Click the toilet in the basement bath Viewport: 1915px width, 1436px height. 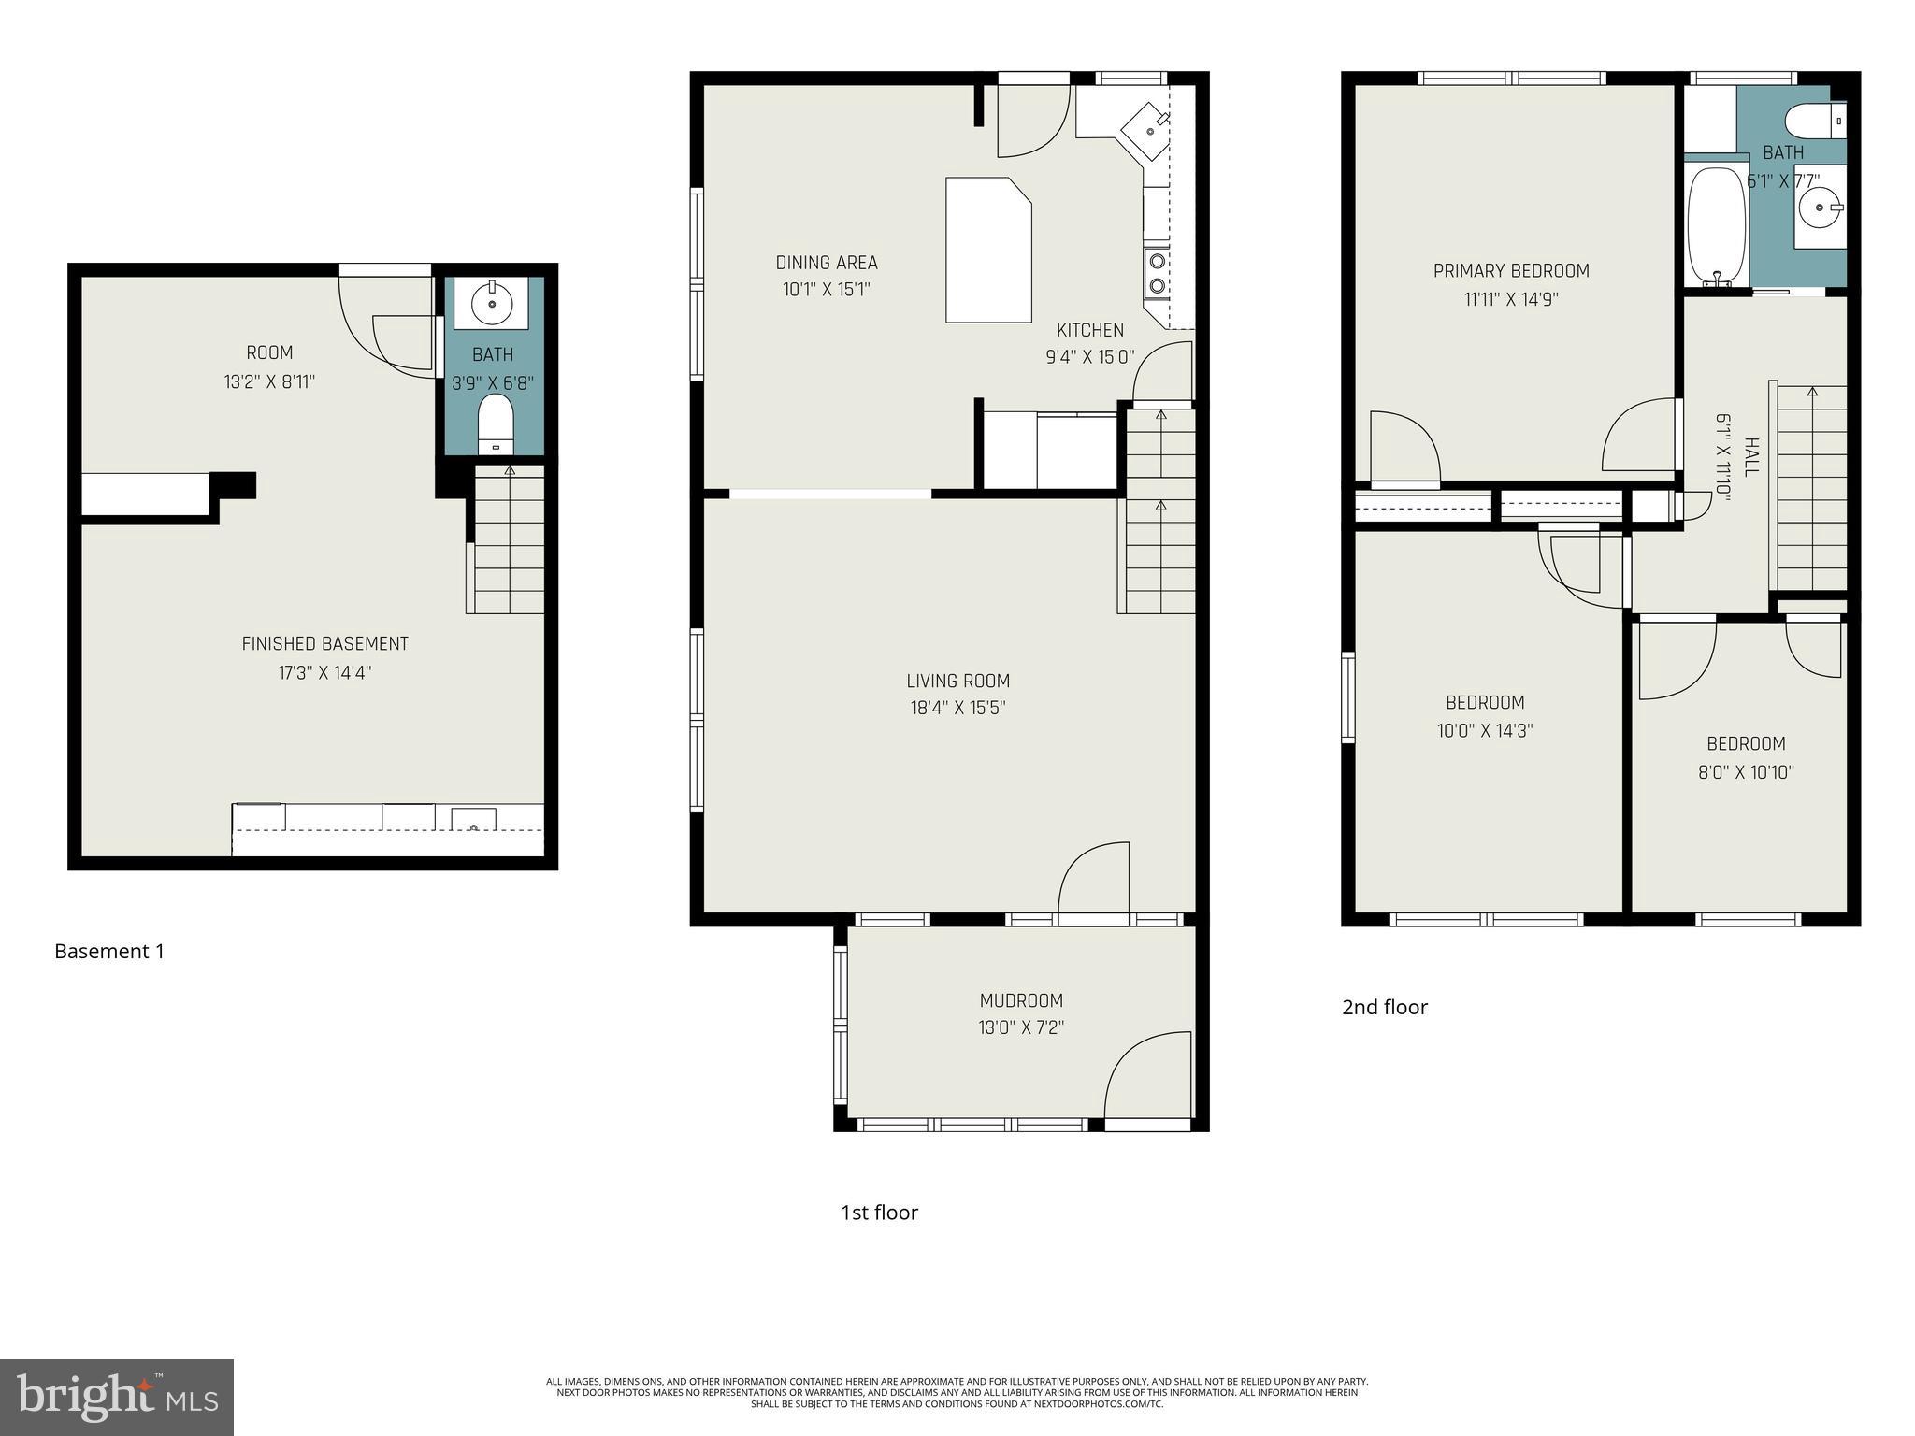[x=496, y=424]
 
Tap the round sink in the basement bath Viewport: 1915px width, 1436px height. [x=492, y=303]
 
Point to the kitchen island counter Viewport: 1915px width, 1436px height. [x=987, y=250]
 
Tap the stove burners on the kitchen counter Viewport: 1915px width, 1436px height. [x=1158, y=273]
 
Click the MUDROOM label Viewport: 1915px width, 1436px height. [x=1021, y=1000]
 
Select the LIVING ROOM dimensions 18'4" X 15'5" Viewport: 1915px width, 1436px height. [x=957, y=709]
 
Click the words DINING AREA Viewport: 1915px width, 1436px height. [x=827, y=263]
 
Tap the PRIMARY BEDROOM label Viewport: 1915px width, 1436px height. [x=1511, y=271]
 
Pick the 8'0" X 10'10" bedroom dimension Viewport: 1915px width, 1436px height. [x=1746, y=772]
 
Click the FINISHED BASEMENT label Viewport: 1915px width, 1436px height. [x=324, y=643]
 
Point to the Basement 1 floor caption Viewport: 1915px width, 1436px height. [x=109, y=952]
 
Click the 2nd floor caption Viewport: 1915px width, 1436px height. [x=1384, y=1007]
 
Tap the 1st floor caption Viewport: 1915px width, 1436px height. [x=879, y=1213]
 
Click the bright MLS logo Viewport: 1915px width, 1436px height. [x=117, y=1397]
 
